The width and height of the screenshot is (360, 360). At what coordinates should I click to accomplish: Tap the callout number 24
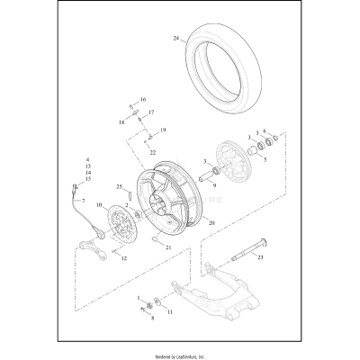tap(176, 38)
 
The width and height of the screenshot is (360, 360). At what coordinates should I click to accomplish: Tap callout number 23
tap(259, 256)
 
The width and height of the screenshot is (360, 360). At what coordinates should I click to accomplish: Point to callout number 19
tap(163, 130)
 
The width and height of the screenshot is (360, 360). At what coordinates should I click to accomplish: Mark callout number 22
tap(153, 152)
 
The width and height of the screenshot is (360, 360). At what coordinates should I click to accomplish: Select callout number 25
tap(119, 186)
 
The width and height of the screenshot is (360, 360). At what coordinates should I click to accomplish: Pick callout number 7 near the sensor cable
tap(83, 200)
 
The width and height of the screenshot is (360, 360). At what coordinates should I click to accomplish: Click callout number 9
tap(214, 184)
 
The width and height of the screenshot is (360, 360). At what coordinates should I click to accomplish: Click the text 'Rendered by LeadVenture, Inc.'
tap(180, 351)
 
